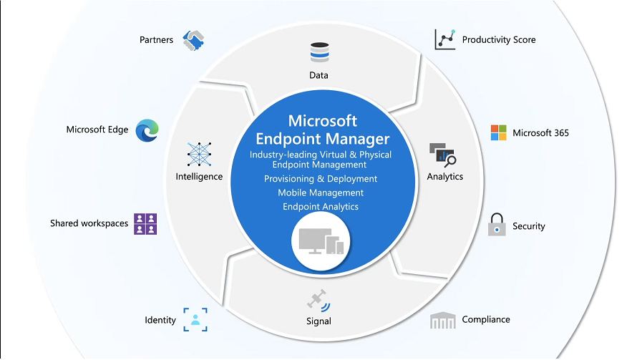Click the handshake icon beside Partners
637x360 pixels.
194,40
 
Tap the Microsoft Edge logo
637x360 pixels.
147,130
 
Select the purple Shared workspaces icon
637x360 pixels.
145,224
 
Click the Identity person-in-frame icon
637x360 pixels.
195,319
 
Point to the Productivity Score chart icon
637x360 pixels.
444,39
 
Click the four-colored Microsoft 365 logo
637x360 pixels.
498,132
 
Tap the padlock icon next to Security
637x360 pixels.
497,225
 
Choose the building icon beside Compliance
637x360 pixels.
442,321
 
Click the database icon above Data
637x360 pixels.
319,52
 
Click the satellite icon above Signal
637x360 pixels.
318,301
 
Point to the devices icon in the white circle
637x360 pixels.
319,244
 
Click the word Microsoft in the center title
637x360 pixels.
322,120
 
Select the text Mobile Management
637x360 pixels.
321,193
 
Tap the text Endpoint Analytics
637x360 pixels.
321,207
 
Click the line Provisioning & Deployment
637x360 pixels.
321,178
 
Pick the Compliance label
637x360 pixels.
486,319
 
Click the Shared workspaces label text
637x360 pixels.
89,223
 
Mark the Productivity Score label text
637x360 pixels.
499,40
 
